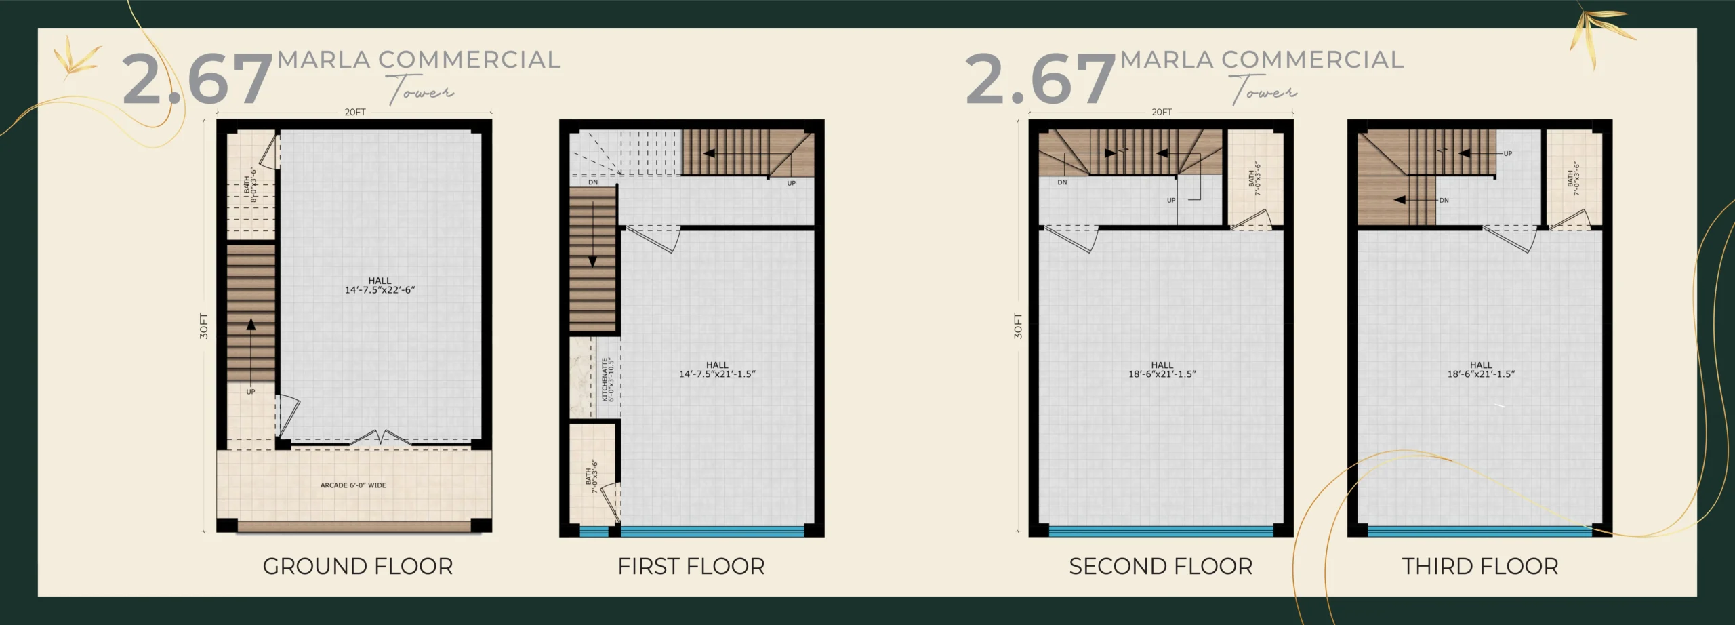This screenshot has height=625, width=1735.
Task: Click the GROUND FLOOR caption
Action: (x=358, y=567)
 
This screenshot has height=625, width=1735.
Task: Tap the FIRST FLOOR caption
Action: (x=691, y=567)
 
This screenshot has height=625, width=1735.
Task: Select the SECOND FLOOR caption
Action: (x=1161, y=567)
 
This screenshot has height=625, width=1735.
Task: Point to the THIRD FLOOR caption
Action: (x=1480, y=567)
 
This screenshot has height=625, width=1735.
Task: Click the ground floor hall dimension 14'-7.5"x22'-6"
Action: (x=380, y=290)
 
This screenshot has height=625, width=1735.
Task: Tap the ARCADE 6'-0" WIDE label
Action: (x=353, y=485)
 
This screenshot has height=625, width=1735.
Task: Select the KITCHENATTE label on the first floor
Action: (x=605, y=380)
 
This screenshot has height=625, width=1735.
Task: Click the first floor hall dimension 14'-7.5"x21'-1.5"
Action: (x=717, y=374)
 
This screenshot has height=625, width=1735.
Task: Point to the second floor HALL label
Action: (x=1162, y=365)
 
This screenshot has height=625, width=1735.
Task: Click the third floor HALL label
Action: (x=1481, y=365)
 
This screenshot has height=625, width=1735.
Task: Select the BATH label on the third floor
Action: (x=1570, y=178)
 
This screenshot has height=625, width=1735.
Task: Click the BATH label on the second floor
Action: (x=1251, y=178)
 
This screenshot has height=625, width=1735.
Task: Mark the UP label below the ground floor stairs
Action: (x=251, y=392)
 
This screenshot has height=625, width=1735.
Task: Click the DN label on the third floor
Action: (x=1444, y=201)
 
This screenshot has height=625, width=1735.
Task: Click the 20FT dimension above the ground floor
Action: (x=355, y=113)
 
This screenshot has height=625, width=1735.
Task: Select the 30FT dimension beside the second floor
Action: (x=1018, y=325)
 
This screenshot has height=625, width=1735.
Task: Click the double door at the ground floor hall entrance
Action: (x=380, y=437)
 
